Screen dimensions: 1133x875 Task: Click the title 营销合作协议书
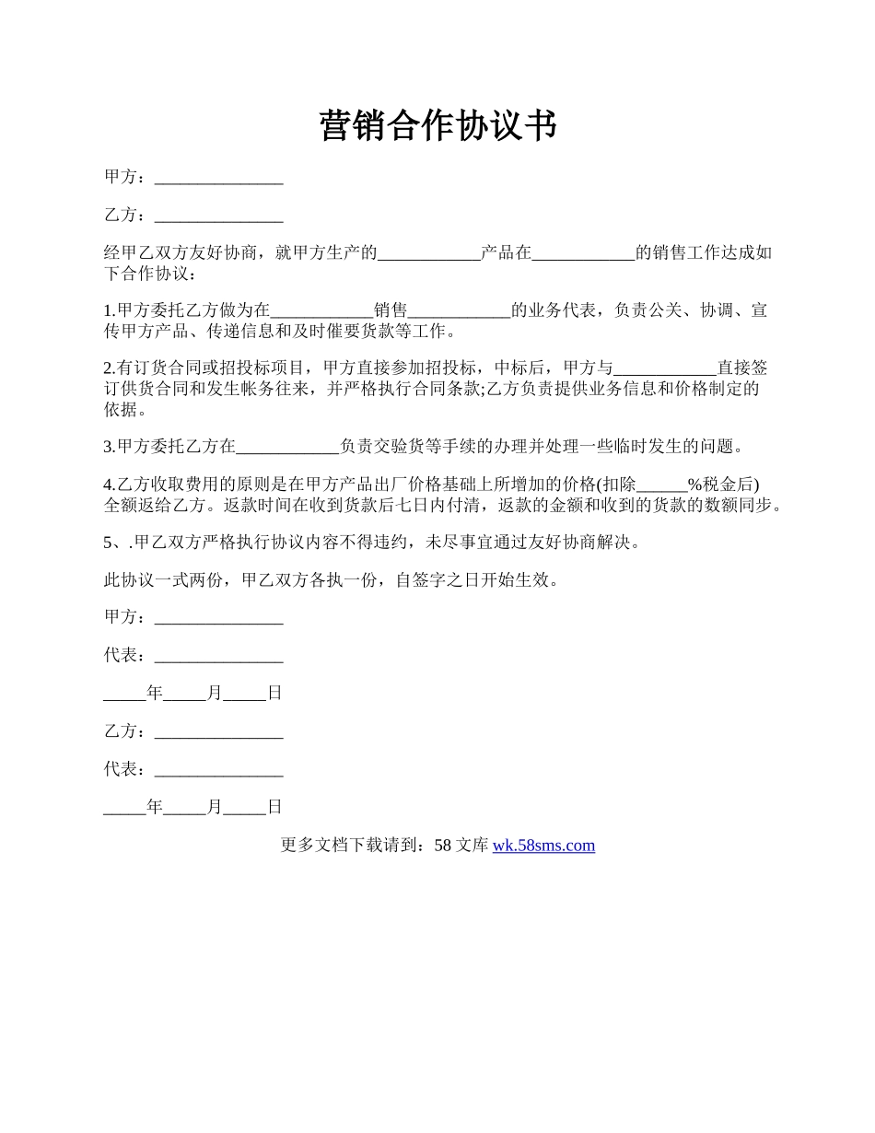(437, 125)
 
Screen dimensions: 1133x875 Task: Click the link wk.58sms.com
(543, 845)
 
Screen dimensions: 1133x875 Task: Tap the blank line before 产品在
(429, 254)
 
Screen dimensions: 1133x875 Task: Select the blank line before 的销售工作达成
(583, 254)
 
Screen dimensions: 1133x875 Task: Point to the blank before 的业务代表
(459, 311)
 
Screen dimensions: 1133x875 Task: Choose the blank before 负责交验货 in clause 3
(288, 448)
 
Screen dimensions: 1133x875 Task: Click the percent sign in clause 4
(695, 485)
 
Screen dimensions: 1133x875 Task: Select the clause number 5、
(115, 543)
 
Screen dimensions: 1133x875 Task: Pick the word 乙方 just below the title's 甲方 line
(120, 216)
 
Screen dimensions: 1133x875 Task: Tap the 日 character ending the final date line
(274, 807)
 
